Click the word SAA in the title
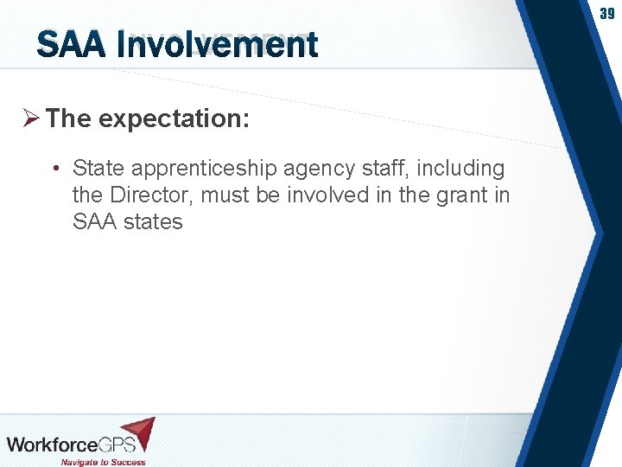point(71,45)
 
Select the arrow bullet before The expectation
point(31,118)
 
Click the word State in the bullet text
point(98,168)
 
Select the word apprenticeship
point(203,168)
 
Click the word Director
point(149,195)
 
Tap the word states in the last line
point(153,221)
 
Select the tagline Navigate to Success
point(104,460)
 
